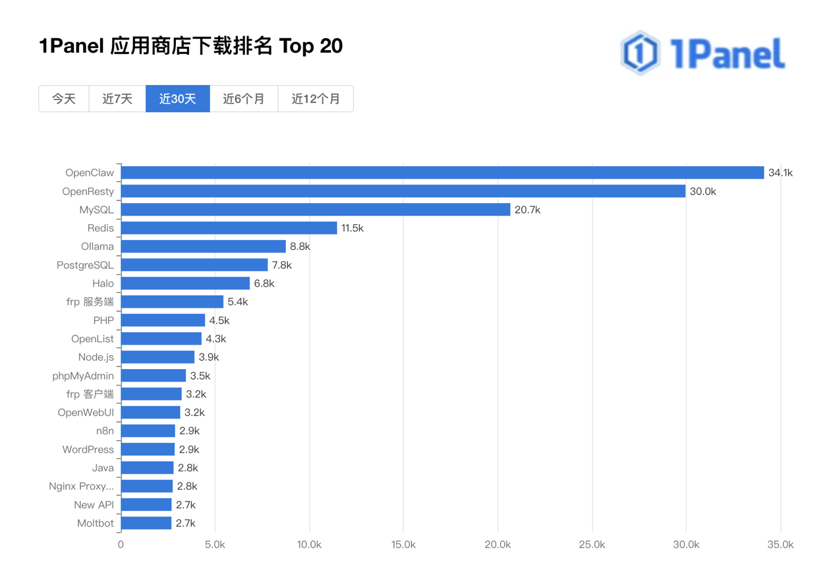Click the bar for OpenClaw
point(442,173)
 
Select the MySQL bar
point(315,210)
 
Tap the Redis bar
point(229,228)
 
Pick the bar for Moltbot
point(146,523)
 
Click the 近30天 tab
point(177,99)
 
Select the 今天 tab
point(64,99)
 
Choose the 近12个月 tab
point(316,99)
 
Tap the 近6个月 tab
point(244,99)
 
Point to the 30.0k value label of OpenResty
point(702,192)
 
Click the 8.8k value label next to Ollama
point(300,246)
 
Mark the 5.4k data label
point(237,302)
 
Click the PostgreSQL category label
point(85,265)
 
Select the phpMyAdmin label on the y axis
point(83,376)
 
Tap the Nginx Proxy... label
point(81,486)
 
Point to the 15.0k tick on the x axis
point(403,545)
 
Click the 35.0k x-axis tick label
point(780,545)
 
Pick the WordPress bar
point(148,449)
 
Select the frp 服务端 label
point(90,302)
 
